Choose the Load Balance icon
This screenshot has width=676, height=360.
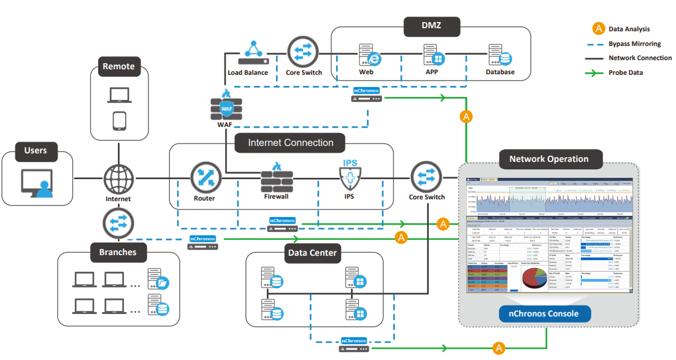[x=252, y=53]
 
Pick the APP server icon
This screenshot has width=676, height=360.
[x=434, y=55]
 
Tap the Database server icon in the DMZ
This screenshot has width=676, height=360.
[x=499, y=56]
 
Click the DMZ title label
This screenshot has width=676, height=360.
[x=431, y=26]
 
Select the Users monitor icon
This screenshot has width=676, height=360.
[x=36, y=183]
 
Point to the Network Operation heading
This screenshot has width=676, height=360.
[x=548, y=159]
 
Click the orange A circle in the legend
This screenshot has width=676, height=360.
[x=598, y=29]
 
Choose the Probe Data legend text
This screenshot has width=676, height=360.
[x=629, y=73]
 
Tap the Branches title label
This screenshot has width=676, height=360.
[x=118, y=251]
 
